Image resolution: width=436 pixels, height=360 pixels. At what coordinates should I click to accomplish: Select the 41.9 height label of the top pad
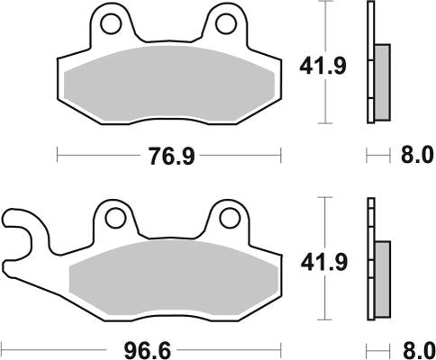(x=320, y=65)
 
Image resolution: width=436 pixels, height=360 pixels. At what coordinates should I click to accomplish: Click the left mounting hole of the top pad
(x=111, y=22)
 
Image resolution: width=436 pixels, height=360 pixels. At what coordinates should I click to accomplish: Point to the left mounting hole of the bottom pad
(x=114, y=218)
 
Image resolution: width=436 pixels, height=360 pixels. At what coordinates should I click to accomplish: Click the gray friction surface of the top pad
(x=168, y=84)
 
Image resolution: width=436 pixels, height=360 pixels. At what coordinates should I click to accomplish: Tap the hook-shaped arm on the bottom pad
(x=22, y=235)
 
